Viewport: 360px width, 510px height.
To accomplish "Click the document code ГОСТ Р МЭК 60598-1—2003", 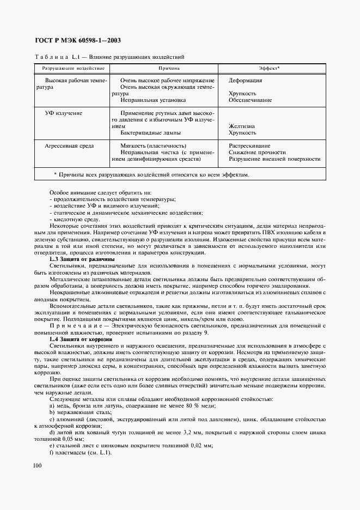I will coord(77,40).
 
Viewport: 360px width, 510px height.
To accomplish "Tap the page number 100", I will coord(37,465).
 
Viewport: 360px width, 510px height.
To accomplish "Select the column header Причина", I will coord(169,69).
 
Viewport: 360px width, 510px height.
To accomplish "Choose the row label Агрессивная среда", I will coord(69,146).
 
